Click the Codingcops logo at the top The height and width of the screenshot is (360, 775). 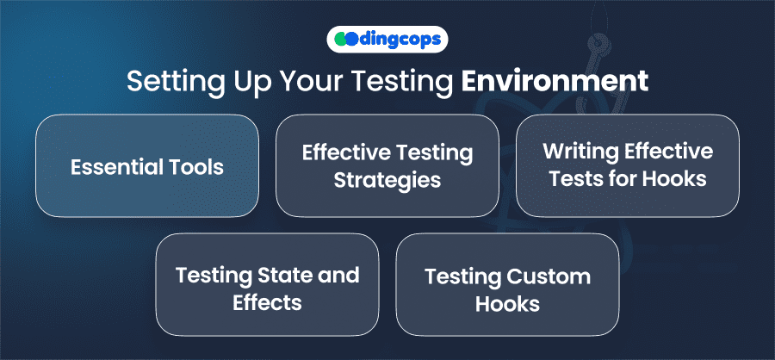[x=387, y=40]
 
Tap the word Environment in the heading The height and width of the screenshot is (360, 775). [x=554, y=81]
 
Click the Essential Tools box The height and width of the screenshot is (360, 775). [x=147, y=165]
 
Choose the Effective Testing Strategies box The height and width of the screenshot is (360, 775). [x=387, y=165]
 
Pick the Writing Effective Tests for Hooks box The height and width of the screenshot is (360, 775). [x=628, y=165]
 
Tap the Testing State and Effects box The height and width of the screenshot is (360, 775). [x=268, y=284]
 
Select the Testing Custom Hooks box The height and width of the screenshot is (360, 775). [x=507, y=284]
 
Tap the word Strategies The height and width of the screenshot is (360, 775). [x=387, y=181]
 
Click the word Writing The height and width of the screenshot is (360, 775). [x=580, y=152]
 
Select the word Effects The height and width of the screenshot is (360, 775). [x=267, y=302]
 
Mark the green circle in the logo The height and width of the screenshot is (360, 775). [x=340, y=40]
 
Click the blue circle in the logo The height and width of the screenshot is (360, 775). [x=351, y=40]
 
